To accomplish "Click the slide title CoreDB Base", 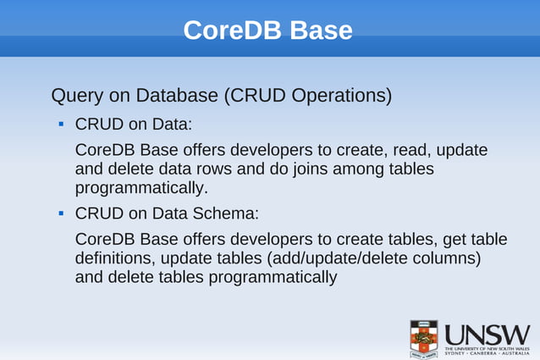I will (267, 30).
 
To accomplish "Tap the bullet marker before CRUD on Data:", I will (62, 124).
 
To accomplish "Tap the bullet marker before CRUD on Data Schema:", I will (62, 212).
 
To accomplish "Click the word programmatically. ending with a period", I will (141, 187).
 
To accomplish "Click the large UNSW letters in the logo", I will (487, 333).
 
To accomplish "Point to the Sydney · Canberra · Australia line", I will (487, 352).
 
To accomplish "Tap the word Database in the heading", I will (177, 95).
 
